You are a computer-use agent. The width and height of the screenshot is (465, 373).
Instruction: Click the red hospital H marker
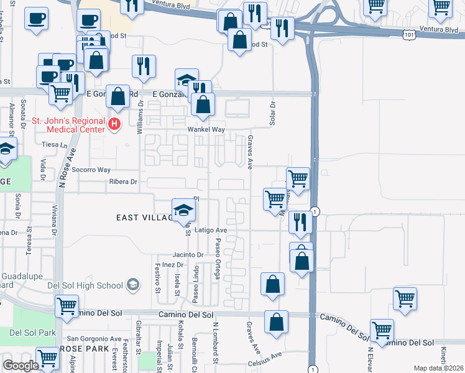pos(114,124)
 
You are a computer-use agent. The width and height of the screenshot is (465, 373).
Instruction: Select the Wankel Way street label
pos(206,129)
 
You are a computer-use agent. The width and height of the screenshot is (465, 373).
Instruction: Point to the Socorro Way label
pos(91,169)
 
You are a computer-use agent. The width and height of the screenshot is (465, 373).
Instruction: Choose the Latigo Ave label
pos(212,230)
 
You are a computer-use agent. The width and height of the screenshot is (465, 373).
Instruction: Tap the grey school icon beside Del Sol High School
pos(132,285)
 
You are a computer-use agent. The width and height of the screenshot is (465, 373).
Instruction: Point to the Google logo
pos(21,366)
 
